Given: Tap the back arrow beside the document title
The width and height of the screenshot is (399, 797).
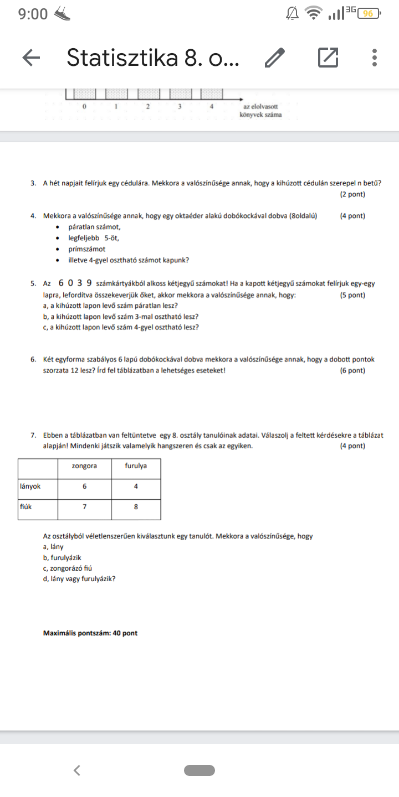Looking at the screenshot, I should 31,57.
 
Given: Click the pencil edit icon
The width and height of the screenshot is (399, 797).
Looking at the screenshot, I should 275,57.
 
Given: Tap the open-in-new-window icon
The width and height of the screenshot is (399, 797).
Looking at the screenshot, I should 328,57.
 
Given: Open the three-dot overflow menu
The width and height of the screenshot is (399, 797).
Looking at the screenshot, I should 375,57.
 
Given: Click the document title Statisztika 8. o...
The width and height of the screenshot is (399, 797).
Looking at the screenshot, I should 153,57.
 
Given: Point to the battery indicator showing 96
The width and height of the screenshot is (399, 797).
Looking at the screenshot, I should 369,13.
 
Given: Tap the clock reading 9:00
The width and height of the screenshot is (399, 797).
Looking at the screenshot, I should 33,14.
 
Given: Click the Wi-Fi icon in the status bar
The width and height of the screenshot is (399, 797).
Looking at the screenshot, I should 314,13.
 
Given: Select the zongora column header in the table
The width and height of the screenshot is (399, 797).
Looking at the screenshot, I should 84,466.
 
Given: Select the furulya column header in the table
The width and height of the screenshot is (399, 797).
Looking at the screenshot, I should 136,466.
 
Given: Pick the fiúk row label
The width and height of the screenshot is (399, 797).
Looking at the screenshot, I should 25,506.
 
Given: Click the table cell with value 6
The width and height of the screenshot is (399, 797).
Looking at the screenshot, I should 84,486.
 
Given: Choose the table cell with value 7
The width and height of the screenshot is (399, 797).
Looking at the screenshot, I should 84,506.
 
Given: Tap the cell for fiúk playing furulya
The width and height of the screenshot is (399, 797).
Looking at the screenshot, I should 136,506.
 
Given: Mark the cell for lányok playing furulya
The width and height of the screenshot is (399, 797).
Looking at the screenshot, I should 136,486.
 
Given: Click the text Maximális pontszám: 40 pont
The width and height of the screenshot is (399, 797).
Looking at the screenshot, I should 90,633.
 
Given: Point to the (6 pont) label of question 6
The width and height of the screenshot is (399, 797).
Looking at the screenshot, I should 352,370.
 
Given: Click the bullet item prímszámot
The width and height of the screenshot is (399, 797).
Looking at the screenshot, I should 87,249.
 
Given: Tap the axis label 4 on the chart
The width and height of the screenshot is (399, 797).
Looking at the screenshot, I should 212,107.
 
